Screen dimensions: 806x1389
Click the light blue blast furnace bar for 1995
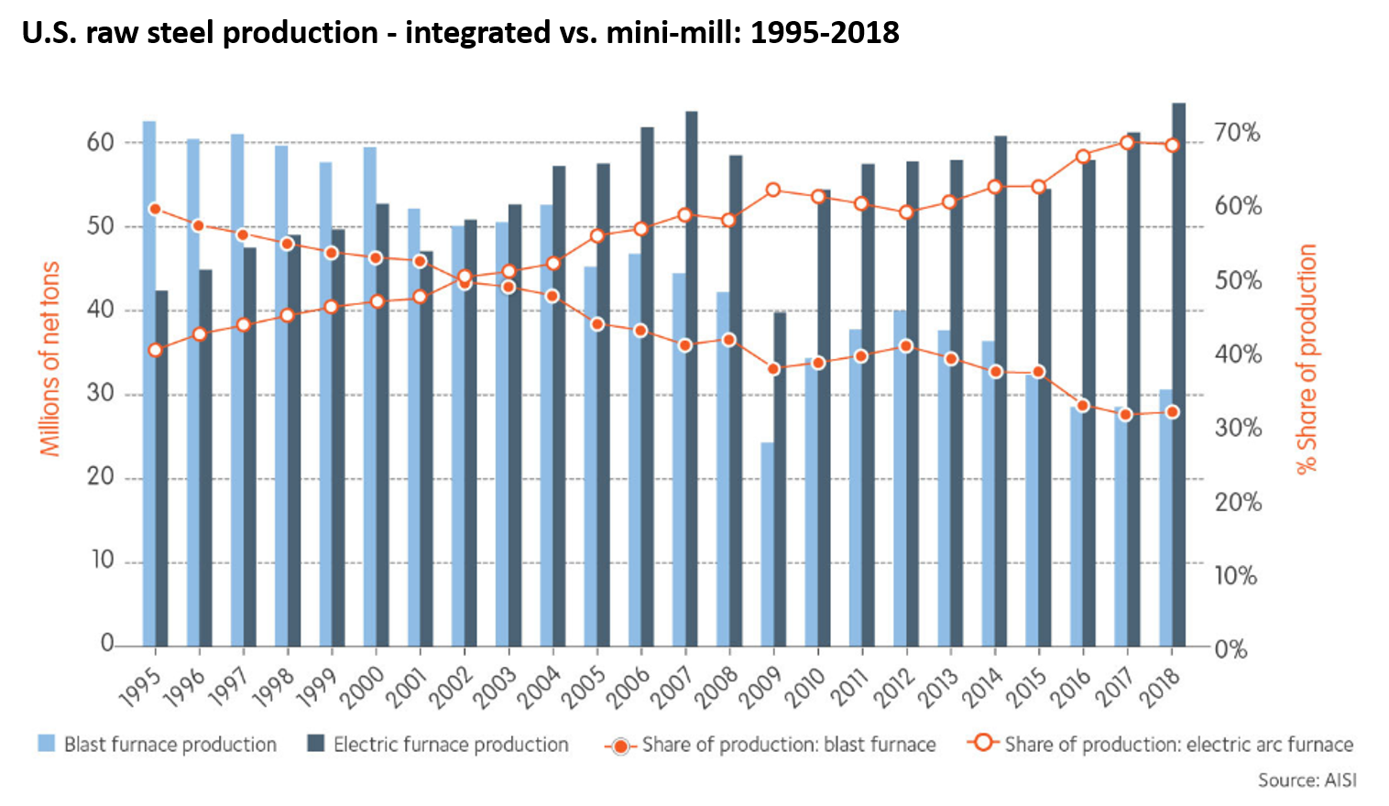click(x=148, y=385)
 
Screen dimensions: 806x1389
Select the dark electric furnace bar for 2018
click(x=1178, y=376)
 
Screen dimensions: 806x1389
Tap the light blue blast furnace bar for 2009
click(x=767, y=545)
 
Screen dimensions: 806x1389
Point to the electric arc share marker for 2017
click(x=1127, y=143)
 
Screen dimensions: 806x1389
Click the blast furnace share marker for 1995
click(x=155, y=210)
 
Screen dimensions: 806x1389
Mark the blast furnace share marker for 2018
click(x=1172, y=412)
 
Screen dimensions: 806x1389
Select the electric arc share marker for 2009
click(x=773, y=191)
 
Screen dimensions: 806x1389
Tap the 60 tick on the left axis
click(x=100, y=142)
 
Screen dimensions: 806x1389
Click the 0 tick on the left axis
click(x=107, y=643)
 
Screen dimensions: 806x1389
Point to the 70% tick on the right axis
click(x=1237, y=133)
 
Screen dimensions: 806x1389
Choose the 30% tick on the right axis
click(x=1237, y=428)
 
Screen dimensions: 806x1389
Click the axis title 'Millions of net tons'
click(x=49, y=358)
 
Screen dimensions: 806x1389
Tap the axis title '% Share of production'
click(x=1307, y=358)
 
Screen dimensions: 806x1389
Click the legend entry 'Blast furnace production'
click(x=170, y=745)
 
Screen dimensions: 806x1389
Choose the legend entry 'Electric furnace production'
click(x=450, y=745)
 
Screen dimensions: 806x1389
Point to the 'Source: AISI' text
click(x=1307, y=780)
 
